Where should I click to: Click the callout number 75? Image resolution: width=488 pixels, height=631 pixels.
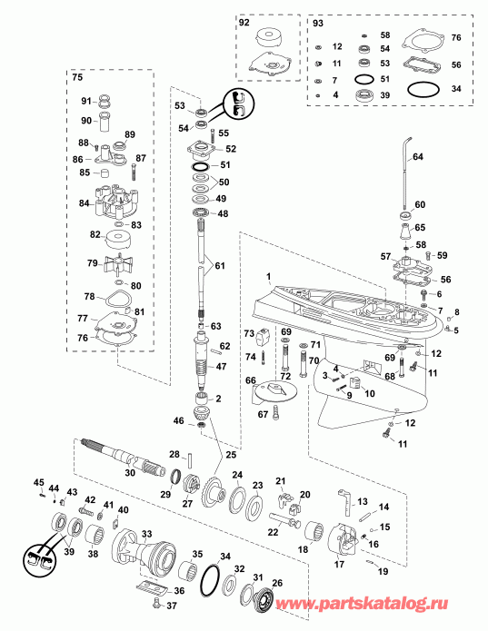[x=78, y=78]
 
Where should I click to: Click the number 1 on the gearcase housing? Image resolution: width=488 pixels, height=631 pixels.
[x=268, y=276]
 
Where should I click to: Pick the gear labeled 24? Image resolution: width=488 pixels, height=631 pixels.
[x=217, y=490]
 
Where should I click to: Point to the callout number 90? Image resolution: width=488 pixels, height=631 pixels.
[x=85, y=121]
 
